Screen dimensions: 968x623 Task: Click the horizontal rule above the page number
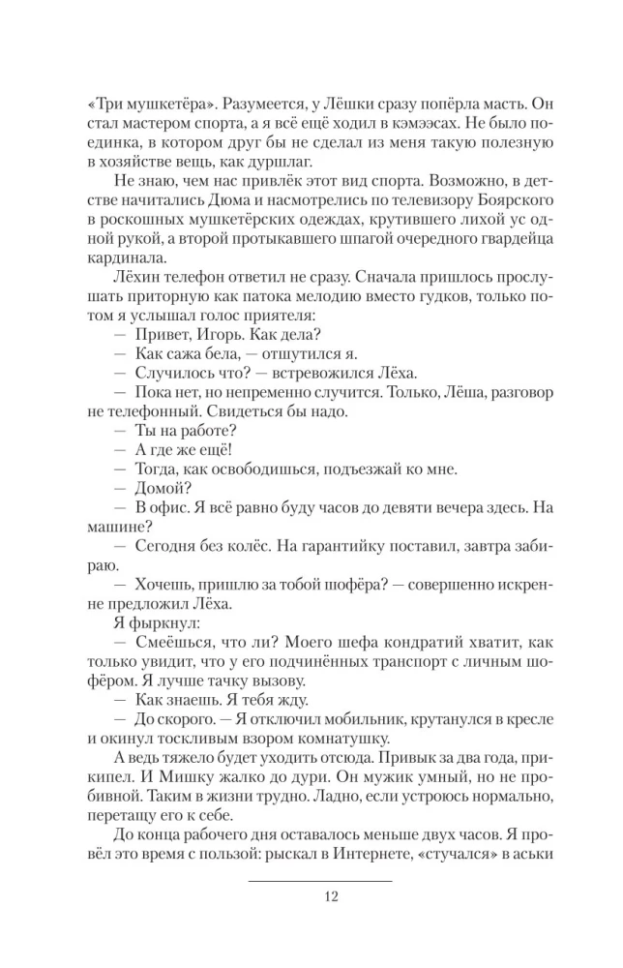point(319,881)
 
